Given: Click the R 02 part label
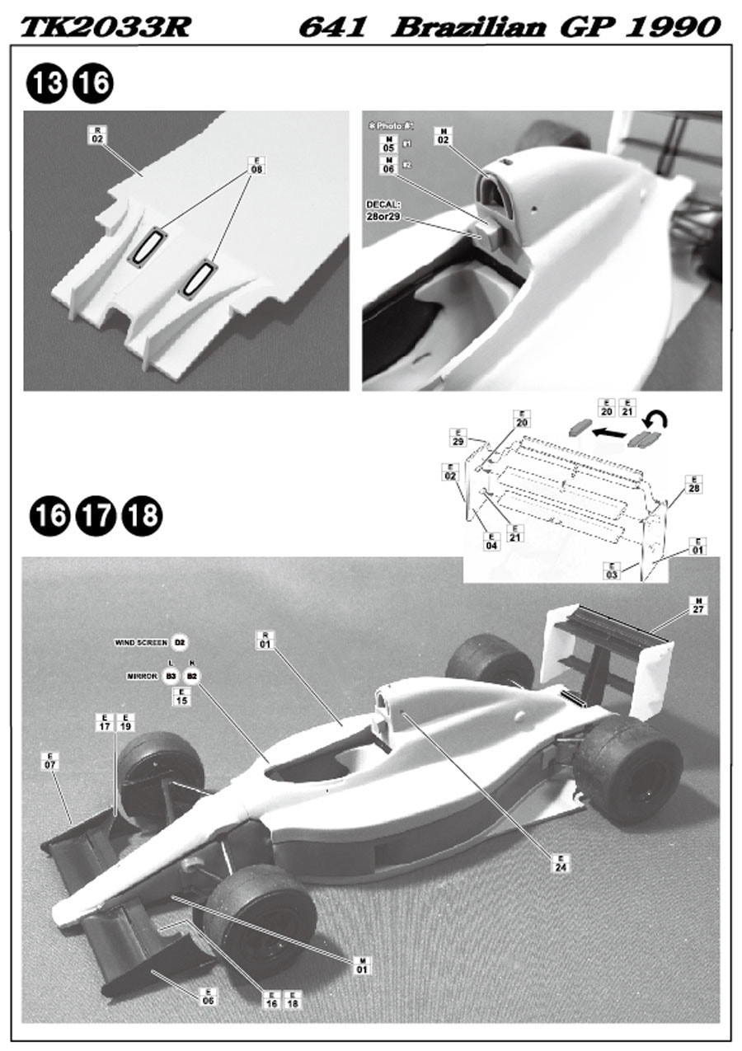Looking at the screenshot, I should pyautogui.click(x=97, y=135).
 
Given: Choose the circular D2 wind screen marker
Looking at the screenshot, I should pyautogui.click(x=181, y=642).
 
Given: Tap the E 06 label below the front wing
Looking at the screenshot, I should pyautogui.click(x=208, y=997).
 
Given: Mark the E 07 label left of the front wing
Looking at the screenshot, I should pyautogui.click(x=49, y=760).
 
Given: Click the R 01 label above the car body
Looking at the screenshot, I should pyautogui.click(x=265, y=640).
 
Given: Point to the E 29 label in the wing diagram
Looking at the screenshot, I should pyautogui.click(x=459, y=437).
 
